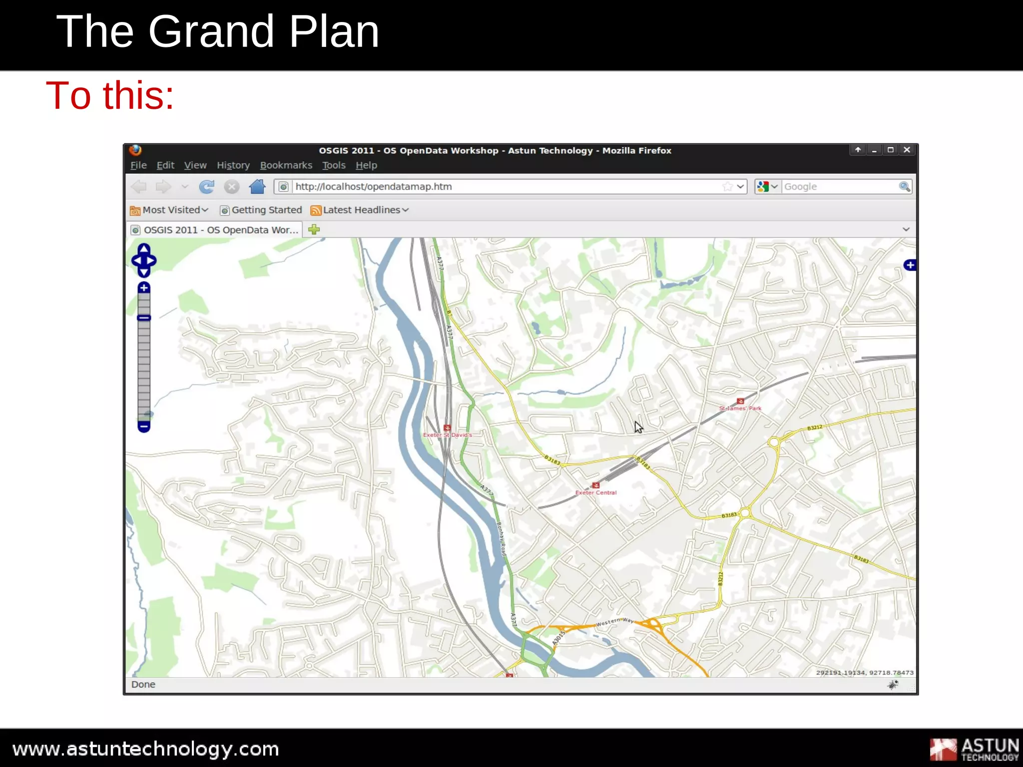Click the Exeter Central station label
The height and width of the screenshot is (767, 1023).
[596, 492]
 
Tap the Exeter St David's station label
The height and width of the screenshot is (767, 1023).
[448, 435]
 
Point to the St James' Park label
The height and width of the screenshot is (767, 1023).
[740, 408]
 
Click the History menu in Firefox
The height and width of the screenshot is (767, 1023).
[233, 165]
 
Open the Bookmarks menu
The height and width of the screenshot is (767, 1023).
[286, 165]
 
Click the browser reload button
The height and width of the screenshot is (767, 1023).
[206, 187]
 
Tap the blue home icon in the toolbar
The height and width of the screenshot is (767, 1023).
[257, 187]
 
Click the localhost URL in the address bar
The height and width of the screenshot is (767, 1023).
[374, 187]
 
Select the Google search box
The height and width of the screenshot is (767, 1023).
[839, 187]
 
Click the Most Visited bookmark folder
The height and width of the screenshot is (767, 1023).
[169, 210]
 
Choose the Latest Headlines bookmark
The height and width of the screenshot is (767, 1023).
[361, 210]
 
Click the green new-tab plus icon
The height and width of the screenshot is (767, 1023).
[314, 230]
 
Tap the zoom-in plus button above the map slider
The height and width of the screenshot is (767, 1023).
[144, 288]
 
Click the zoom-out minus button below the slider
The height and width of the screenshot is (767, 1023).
[144, 426]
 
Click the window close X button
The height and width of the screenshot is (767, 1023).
[907, 150]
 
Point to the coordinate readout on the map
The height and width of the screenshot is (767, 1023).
[865, 673]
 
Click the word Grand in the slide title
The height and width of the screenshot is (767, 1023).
[211, 31]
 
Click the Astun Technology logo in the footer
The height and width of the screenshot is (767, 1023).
[974, 749]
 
